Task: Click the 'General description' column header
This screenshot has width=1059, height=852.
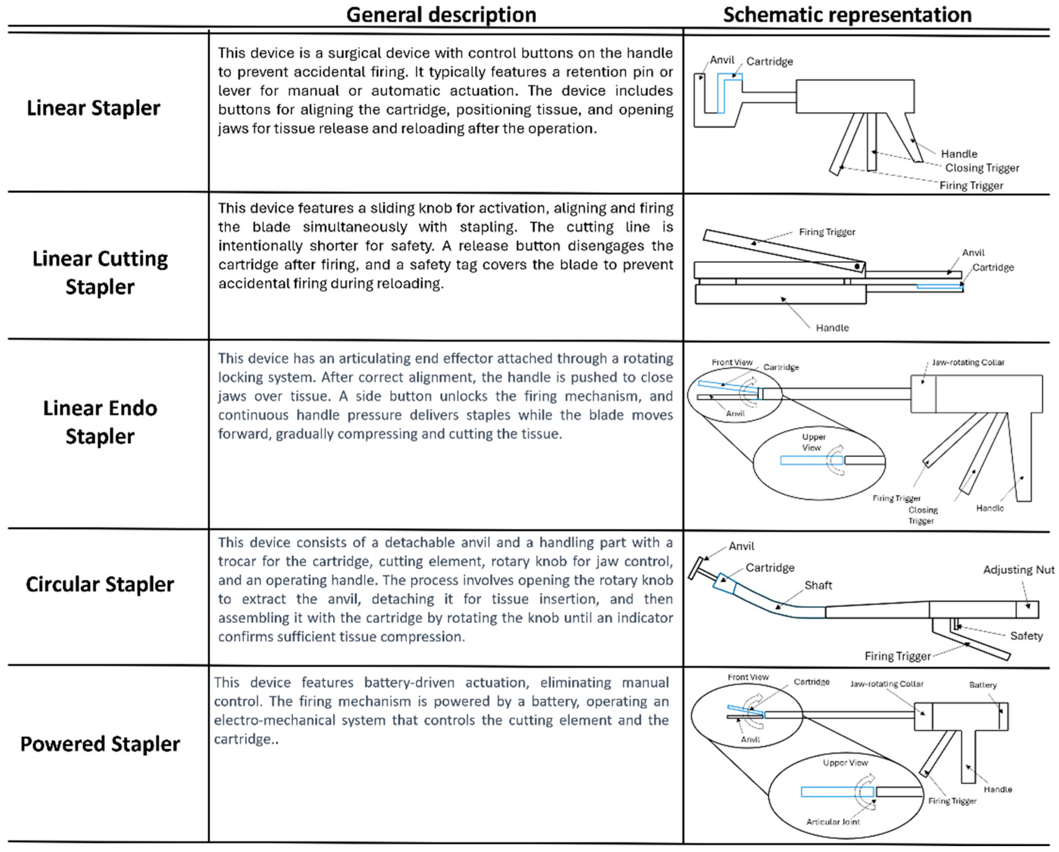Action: click(441, 15)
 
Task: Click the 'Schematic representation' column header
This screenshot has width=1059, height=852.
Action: click(847, 15)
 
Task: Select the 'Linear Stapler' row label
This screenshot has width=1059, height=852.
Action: click(93, 108)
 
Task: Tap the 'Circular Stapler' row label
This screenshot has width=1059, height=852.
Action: click(100, 584)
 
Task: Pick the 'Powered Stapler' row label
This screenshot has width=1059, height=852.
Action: click(100, 743)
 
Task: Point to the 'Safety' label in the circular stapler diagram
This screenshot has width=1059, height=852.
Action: click(1026, 636)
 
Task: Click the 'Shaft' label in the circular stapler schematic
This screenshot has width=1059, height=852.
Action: click(818, 585)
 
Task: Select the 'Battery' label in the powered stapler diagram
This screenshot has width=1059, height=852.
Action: click(983, 685)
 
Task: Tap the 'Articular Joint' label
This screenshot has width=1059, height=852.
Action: click(833, 822)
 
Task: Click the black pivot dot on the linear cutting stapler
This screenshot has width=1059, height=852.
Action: click(857, 267)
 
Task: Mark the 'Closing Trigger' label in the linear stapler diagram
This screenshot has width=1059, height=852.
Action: click(982, 168)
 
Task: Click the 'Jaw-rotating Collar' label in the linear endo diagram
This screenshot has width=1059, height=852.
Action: click(968, 362)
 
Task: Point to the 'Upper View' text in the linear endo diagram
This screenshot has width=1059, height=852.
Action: click(813, 442)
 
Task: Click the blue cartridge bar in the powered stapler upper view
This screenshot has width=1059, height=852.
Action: click(837, 792)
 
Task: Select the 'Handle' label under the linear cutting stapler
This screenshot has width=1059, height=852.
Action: click(832, 328)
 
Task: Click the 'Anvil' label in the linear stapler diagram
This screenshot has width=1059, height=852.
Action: click(722, 60)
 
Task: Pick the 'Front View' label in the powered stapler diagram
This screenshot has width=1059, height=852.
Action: click(748, 677)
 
